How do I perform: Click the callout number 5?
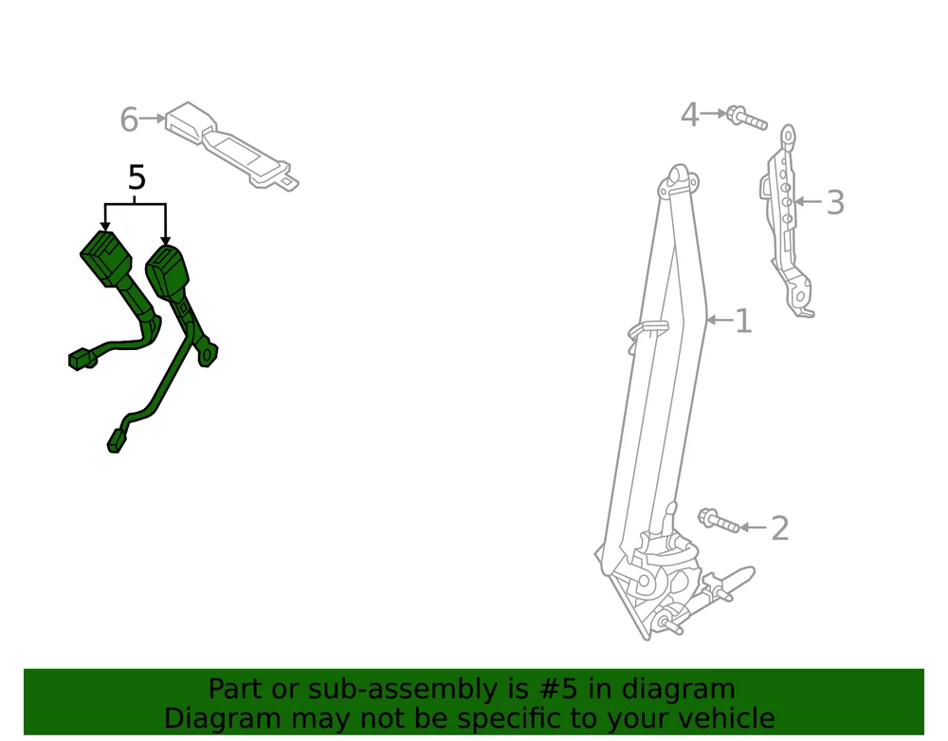[x=137, y=177]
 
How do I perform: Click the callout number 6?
[x=129, y=120]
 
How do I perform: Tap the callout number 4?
[x=690, y=114]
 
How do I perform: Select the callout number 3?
[x=835, y=202]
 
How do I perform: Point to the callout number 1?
[x=743, y=322]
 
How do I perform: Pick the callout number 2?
[x=780, y=528]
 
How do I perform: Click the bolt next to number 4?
[x=747, y=118]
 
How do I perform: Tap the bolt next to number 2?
[x=719, y=521]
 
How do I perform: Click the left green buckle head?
[x=106, y=258]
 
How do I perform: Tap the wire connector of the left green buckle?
[x=81, y=360]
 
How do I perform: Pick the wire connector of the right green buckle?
[x=116, y=441]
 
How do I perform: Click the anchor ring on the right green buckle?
[x=208, y=355]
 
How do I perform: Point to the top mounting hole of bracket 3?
[x=789, y=136]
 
